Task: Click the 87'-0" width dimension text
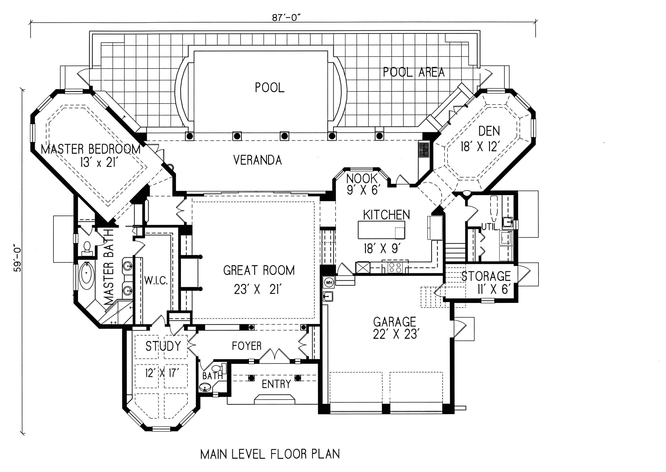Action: coord(285,18)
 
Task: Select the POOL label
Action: coord(270,87)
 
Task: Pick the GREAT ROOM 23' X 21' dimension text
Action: coord(258,290)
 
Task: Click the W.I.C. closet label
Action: coord(156,281)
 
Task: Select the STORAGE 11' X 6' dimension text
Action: coord(494,289)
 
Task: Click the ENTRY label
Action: coord(276,384)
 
